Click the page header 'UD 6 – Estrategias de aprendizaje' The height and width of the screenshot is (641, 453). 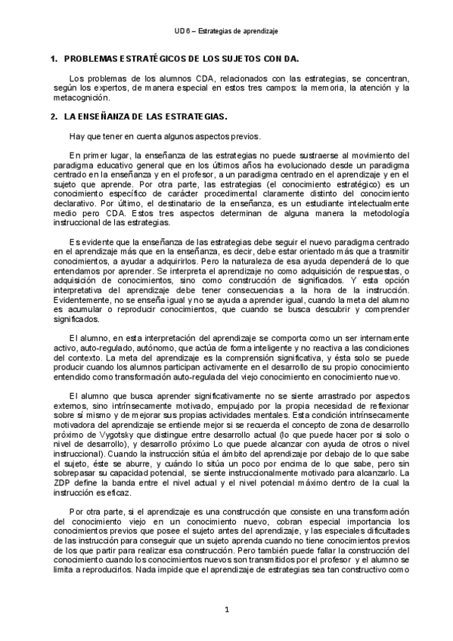[226, 30]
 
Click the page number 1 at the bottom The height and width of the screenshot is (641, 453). [226, 609]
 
